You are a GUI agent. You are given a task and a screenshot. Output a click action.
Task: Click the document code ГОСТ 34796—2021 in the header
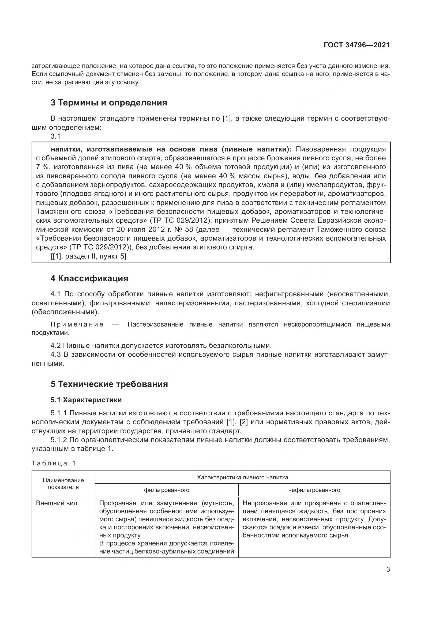click(x=356, y=45)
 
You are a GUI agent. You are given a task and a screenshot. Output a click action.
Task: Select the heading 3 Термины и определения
click(x=109, y=103)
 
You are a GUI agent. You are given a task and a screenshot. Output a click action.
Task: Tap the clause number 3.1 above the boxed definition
click(x=55, y=136)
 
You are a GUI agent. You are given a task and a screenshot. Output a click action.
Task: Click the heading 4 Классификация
click(x=89, y=278)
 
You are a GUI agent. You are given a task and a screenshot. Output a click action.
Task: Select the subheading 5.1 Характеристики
click(x=86, y=400)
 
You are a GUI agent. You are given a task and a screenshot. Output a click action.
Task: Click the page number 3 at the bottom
click(x=388, y=569)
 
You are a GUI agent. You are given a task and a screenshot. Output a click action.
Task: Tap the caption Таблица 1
click(x=54, y=463)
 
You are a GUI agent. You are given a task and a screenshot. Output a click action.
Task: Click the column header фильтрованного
click(x=166, y=490)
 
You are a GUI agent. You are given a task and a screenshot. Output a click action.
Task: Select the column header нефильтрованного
click(x=314, y=490)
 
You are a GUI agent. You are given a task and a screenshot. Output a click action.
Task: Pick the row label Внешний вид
click(x=57, y=503)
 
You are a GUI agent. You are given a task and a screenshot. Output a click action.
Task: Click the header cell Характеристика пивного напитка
click(x=242, y=477)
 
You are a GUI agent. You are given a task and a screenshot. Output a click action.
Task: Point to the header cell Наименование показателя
click(x=63, y=484)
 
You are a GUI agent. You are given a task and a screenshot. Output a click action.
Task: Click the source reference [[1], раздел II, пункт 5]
click(x=88, y=256)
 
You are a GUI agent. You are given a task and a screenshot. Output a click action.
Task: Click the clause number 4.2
click(x=56, y=346)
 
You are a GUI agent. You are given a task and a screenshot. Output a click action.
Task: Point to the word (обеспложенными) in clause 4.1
click(x=65, y=312)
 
